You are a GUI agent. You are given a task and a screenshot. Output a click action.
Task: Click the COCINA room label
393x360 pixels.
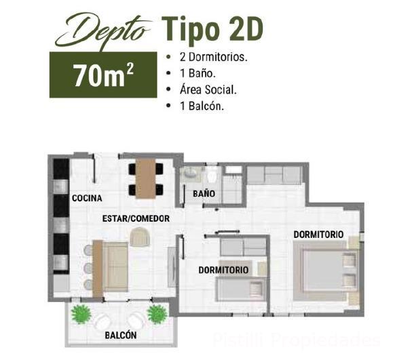pyautogui.click(x=87, y=198)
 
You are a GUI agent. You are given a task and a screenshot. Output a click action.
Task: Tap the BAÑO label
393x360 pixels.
pyautogui.click(x=204, y=193)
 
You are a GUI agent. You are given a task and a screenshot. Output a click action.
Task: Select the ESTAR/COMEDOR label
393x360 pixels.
pyautogui.click(x=136, y=218)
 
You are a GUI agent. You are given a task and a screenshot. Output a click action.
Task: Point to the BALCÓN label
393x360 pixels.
pyautogui.click(x=121, y=335)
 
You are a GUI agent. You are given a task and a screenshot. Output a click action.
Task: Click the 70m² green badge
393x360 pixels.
pyautogui.click(x=103, y=75)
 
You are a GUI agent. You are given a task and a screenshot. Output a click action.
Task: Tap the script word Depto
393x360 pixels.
pyautogui.click(x=102, y=31)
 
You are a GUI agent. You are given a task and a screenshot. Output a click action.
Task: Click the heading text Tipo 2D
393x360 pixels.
pyautogui.click(x=212, y=29)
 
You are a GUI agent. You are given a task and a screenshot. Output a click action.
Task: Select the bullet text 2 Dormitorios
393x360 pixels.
pyautogui.click(x=214, y=57)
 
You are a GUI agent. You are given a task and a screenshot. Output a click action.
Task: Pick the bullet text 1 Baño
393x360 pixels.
pyautogui.click(x=198, y=73)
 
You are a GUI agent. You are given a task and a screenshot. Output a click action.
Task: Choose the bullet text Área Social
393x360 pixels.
pyautogui.click(x=208, y=89)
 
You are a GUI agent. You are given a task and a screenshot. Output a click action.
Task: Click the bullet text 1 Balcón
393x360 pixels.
pyautogui.click(x=202, y=106)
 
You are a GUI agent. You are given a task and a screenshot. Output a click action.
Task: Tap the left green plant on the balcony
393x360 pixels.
pyautogui.click(x=81, y=314)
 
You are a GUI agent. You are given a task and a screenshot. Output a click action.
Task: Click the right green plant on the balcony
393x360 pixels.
pyautogui.click(x=157, y=314)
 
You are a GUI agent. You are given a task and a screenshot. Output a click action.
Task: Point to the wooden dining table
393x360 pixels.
pyautogui.click(x=146, y=179)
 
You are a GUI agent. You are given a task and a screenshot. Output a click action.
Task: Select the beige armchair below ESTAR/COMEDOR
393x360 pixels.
pyautogui.click(x=140, y=237)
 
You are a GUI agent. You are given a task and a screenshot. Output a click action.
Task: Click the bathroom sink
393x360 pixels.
pyautogui.click(x=191, y=173)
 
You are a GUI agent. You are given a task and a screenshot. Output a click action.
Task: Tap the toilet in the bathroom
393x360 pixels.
pyautogui.click(x=212, y=174)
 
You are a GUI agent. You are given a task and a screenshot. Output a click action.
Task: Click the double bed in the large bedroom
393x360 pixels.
pyautogui.click(x=326, y=272)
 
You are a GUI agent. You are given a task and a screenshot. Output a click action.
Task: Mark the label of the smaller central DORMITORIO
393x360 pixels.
pyautogui.click(x=223, y=270)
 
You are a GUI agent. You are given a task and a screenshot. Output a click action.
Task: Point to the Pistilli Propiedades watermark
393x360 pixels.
pyautogui.click(x=296, y=340)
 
